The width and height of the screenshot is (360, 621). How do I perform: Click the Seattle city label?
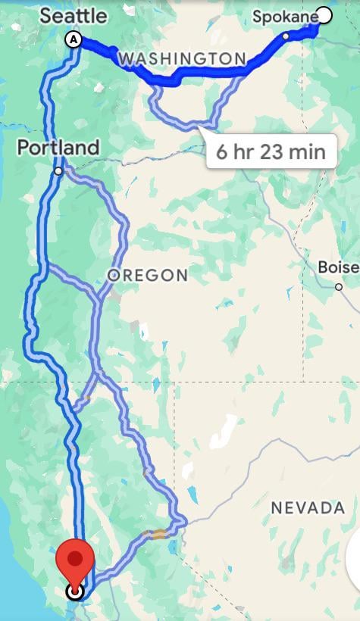click(x=73, y=15)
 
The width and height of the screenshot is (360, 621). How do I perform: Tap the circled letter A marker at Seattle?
click(x=74, y=39)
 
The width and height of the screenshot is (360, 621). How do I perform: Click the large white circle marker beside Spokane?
click(x=324, y=14)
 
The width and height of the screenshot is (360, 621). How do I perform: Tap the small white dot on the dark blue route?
click(x=286, y=36)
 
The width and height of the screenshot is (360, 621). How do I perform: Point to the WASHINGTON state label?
click(x=182, y=58)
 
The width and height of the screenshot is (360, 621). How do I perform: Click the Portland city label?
click(x=58, y=147)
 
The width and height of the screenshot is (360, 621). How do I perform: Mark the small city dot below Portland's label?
click(x=58, y=172)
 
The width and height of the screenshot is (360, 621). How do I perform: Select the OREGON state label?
click(x=147, y=275)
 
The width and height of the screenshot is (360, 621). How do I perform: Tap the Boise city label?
click(x=337, y=267)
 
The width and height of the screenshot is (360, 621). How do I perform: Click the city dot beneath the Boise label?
click(x=339, y=286)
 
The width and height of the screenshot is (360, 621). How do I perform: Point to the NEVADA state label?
click(x=308, y=507)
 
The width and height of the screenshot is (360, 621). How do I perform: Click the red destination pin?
click(x=75, y=560)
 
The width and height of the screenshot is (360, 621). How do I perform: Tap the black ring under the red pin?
click(x=75, y=591)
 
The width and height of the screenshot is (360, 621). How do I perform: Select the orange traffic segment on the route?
click(x=158, y=534)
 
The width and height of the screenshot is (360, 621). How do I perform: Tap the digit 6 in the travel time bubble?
click(x=221, y=151)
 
